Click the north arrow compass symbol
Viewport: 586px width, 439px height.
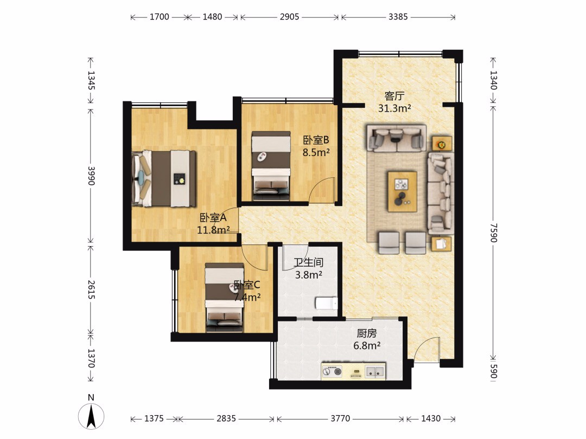pos(91,416)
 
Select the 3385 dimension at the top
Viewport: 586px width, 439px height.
pos(398,17)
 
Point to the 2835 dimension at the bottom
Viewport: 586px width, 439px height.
pos(226,418)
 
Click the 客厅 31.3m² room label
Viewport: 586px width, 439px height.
pos(394,102)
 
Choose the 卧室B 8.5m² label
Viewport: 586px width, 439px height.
pos(316,146)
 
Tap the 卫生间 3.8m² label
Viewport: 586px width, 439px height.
pos(309,269)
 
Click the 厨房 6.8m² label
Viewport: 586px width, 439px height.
pos(367,339)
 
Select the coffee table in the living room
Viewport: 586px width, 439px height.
pos(402,191)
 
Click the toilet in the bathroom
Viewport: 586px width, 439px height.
pos(327,303)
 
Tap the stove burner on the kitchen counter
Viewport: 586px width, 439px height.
pos(332,371)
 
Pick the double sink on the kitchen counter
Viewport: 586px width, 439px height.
pos(375,371)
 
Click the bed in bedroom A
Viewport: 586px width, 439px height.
pos(164,178)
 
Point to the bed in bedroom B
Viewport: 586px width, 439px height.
pos(271,165)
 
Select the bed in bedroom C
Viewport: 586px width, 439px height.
pos(225,297)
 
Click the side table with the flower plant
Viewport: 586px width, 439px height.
pos(442,143)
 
